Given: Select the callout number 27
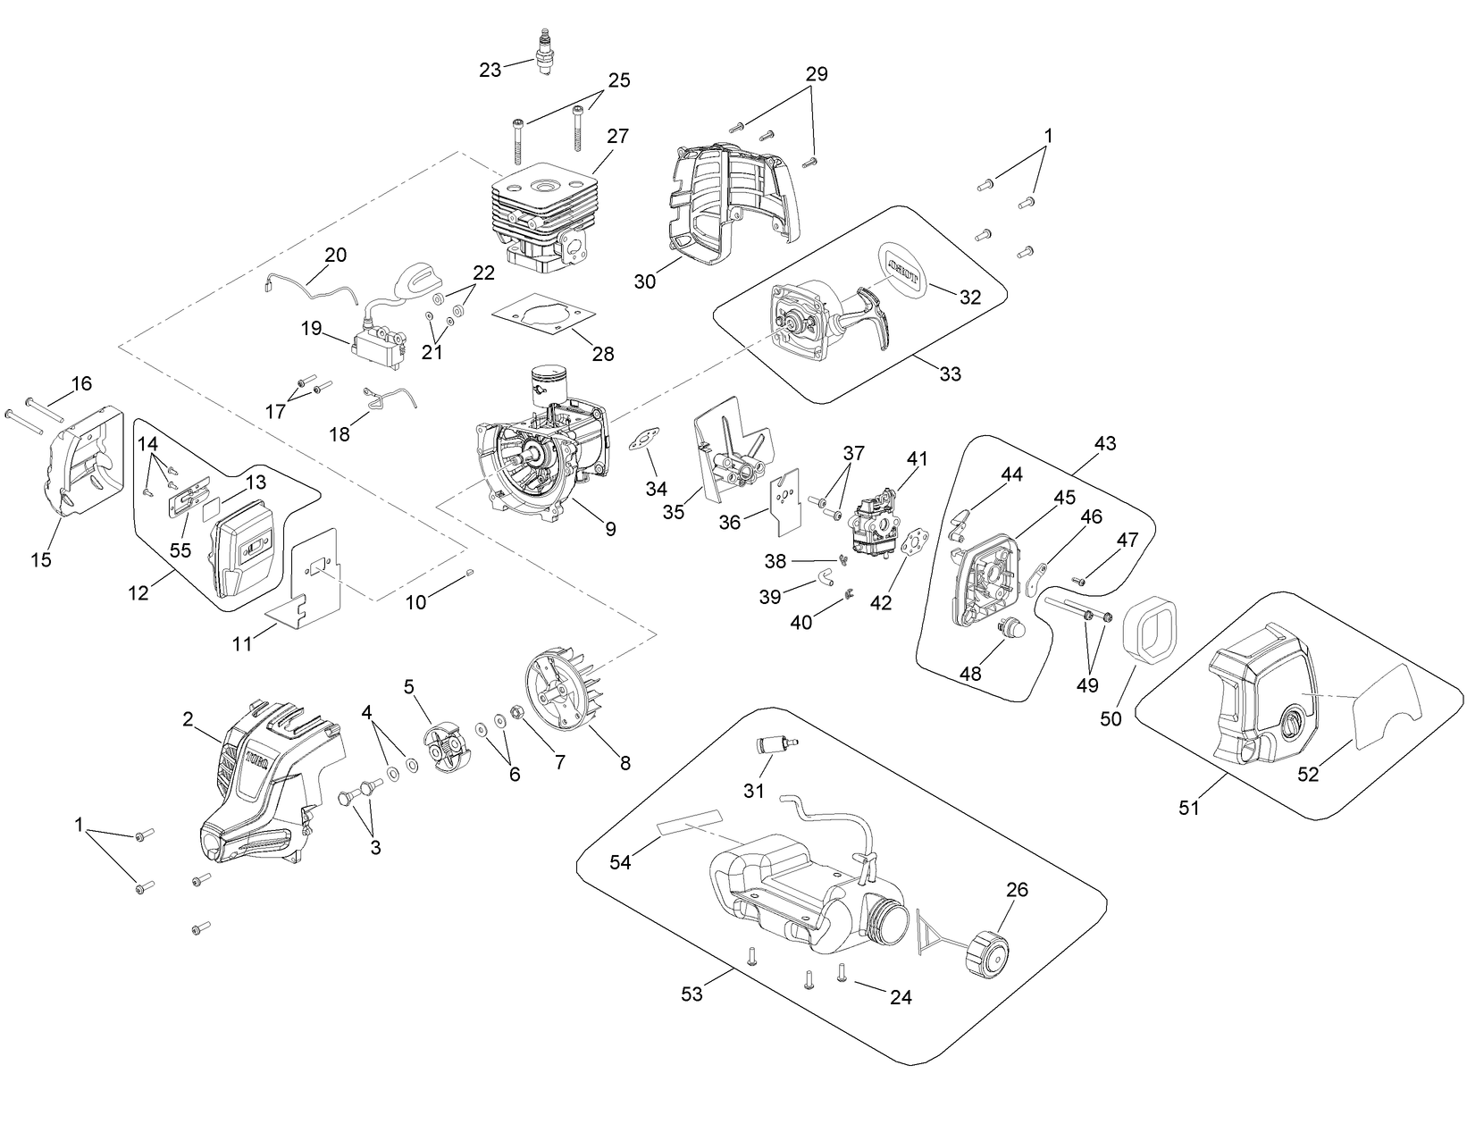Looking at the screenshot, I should (x=618, y=137).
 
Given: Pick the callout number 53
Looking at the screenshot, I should (x=692, y=994).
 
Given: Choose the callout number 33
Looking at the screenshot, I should (x=950, y=374).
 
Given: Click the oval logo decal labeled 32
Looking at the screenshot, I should (x=903, y=264).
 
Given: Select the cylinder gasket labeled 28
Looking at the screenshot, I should (x=543, y=318).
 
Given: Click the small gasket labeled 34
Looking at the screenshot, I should (x=641, y=440).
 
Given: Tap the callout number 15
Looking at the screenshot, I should (x=40, y=560).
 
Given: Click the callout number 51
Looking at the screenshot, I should (x=1188, y=808).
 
